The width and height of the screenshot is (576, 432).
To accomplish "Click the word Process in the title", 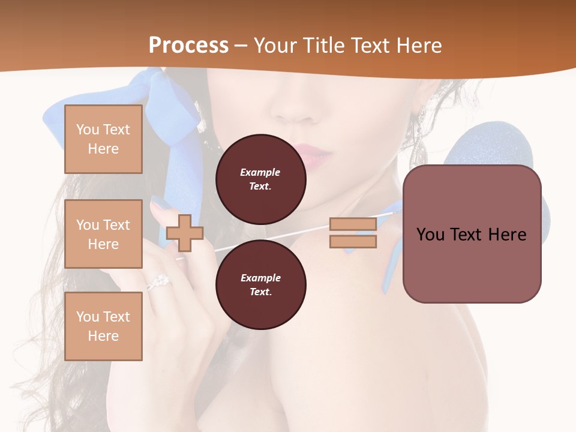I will click(x=188, y=46).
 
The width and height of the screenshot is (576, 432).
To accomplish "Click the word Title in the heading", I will click(x=323, y=46).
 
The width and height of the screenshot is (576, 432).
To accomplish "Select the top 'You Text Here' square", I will click(x=103, y=139).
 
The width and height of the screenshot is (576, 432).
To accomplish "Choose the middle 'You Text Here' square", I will click(x=103, y=234).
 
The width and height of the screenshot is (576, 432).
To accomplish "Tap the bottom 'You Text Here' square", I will click(x=103, y=326).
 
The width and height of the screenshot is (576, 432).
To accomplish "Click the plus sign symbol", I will click(x=185, y=233).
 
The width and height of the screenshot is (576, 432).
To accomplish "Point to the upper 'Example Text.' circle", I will click(x=260, y=179).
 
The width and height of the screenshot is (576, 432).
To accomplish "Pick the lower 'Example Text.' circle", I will click(x=260, y=285).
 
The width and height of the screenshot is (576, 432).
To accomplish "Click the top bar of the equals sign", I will click(x=353, y=224).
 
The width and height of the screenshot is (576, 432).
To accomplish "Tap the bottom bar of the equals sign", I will click(x=353, y=241).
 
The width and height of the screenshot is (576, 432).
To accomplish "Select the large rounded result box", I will click(x=472, y=234).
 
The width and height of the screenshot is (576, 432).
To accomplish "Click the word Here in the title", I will click(x=418, y=46).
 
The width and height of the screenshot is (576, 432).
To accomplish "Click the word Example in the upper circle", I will click(x=260, y=172).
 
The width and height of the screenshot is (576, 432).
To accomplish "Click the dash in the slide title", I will click(x=241, y=46).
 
